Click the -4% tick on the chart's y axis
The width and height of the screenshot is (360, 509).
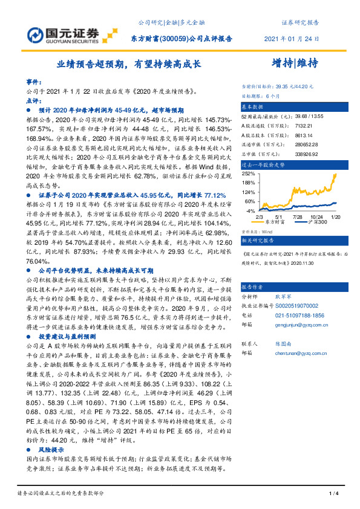(249, 211)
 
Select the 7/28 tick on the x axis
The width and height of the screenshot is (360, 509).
(297, 216)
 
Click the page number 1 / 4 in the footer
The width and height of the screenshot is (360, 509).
(332, 494)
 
